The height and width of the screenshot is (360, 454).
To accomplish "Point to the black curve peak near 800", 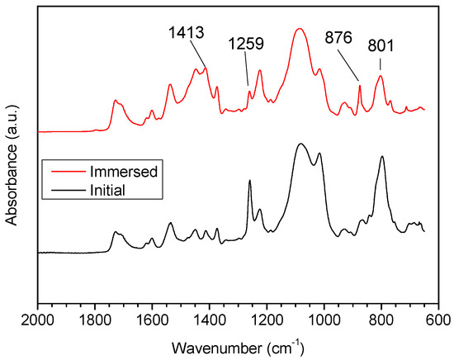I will (381, 157).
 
